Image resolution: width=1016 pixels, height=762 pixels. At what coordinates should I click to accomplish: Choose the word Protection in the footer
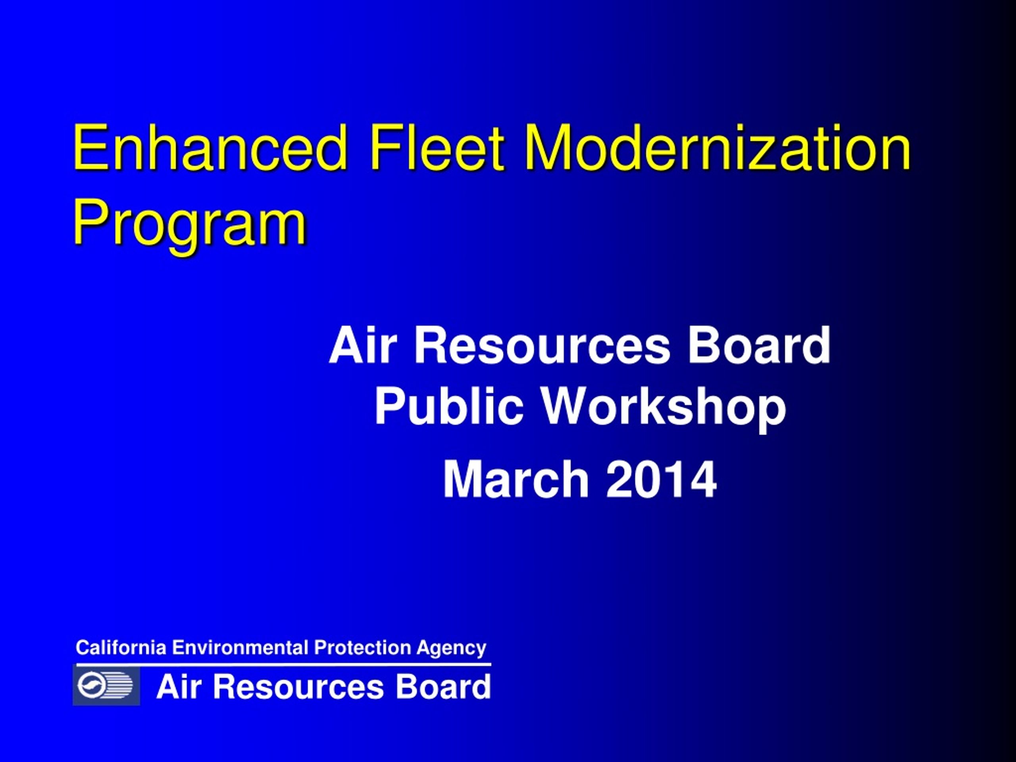[x=362, y=648]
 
